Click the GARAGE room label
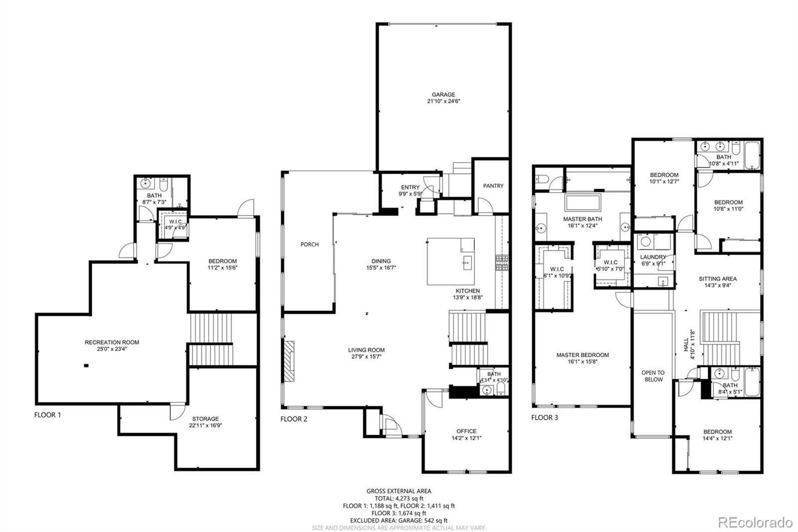click(443, 94)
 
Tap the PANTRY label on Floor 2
click(493, 186)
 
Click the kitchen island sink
click(467, 262)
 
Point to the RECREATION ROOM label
click(112, 342)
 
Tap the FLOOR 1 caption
click(48, 415)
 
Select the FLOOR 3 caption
click(545, 418)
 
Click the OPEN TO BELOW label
click(653, 376)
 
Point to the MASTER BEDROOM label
click(583, 355)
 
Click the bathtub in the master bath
click(583, 203)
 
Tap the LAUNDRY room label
click(653, 257)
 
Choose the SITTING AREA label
click(717, 279)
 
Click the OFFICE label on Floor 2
click(466, 431)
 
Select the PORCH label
click(309, 245)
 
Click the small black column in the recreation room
click(86, 366)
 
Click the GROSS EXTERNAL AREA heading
click(399, 491)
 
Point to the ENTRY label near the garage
click(410, 188)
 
